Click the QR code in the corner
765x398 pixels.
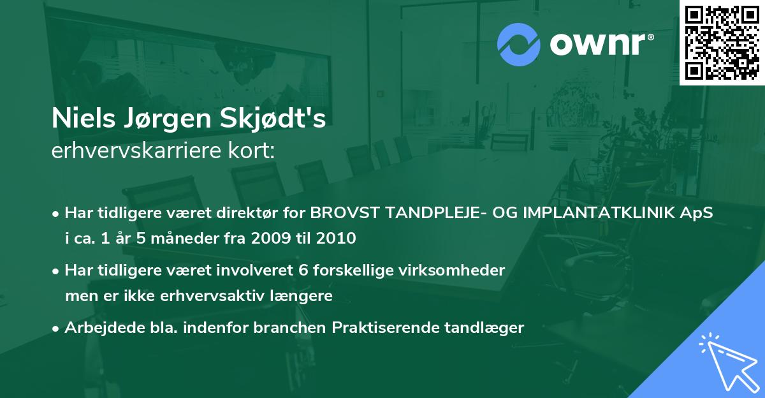tap(722, 43)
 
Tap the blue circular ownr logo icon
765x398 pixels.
tap(518, 44)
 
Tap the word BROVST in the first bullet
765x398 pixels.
tap(348, 212)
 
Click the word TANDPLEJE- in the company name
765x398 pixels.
tap(438, 212)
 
